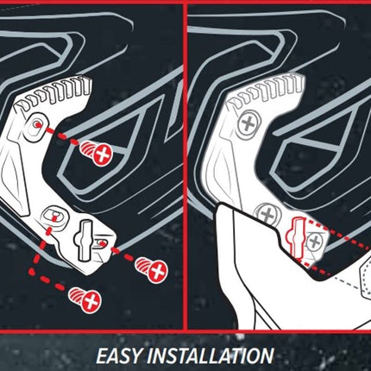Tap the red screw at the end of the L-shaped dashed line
(x=85, y=300)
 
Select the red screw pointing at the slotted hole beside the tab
(x=152, y=269)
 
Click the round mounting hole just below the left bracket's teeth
(x=35, y=126)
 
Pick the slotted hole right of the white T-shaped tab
(x=102, y=243)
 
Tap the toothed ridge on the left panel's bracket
(x=54, y=92)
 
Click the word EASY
(x=118, y=355)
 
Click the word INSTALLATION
(x=211, y=355)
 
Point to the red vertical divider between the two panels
(x=185, y=166)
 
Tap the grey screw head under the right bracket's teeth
(x=249, y=124)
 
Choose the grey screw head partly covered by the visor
(x=267, y=214)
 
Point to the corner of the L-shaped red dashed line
(x=32, y=272)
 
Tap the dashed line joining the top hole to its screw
(x=62, y=135)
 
